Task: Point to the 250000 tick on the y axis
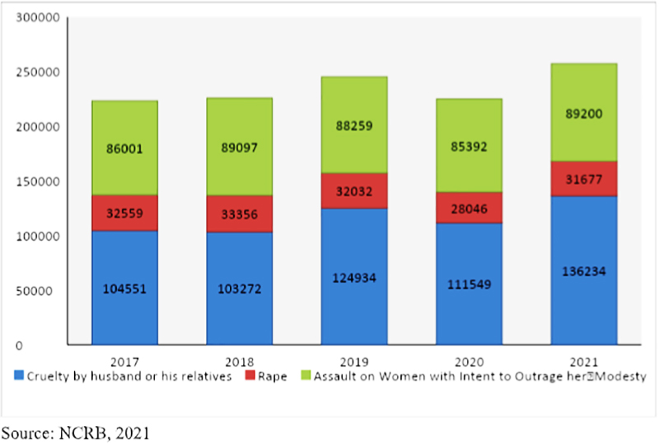point(39,73)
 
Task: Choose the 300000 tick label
point(39,18)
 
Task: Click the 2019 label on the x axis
point(353,360)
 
